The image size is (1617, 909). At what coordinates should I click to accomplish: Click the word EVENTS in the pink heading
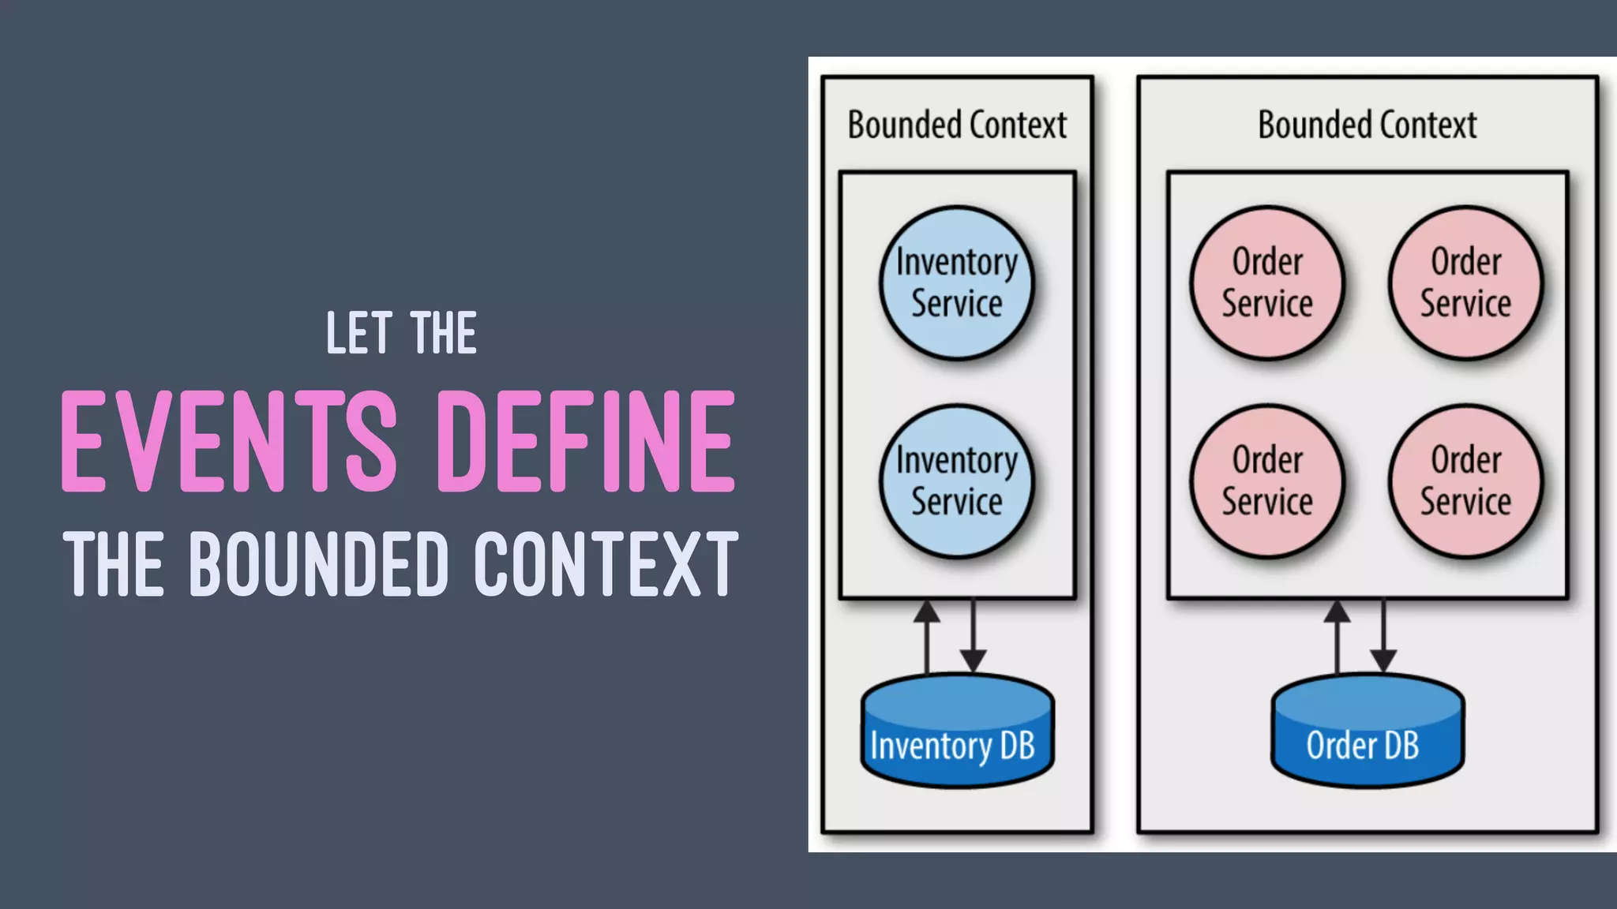(x=229, y=442)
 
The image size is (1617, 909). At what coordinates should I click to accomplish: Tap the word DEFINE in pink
(x=586, y=442)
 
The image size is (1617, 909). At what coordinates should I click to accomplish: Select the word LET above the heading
(x=359, y=333)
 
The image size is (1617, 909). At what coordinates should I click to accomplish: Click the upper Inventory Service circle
(x=957, y=283)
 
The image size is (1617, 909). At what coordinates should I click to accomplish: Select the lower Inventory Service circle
(x=957, y=481)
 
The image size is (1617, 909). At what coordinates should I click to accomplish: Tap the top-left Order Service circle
(x=1267, y=283)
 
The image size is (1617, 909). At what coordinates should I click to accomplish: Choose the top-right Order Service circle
(x=1465, y=283)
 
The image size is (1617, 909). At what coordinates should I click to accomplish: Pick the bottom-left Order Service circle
(x=1267, y=481)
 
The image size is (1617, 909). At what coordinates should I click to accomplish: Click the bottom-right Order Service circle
(x=1465, y=481)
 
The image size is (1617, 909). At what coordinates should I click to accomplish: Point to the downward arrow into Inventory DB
(x=973, y=636)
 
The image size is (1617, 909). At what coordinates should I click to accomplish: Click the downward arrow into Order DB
(x=1383, y=636)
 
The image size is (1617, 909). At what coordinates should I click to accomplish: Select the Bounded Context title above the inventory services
(x=957, y=125)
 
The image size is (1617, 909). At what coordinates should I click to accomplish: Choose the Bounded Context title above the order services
(x=1367, y=125)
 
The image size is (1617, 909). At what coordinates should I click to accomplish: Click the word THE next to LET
(x=444, y=333)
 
